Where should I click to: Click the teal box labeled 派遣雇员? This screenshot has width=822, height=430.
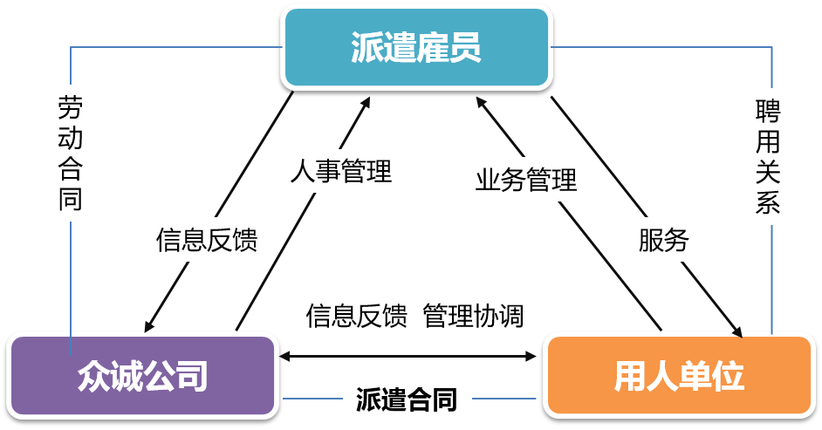pos(416,47)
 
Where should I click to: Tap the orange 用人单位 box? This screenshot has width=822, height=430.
pos(678,376)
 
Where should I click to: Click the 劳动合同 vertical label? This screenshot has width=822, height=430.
pos(70,153)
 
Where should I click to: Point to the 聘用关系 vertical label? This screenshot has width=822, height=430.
pos(768,156)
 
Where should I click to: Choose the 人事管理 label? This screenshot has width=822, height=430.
pos(341,171)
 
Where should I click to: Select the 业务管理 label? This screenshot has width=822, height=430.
pos(525,181)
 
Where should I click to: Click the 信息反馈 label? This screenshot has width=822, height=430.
pos(207,240)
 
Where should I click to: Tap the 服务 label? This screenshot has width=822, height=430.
pos(663,240)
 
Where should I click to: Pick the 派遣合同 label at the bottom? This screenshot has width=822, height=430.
pos(406,399)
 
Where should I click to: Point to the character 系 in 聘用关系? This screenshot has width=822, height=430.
pos(768,204)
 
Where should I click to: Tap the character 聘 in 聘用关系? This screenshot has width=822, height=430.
pos(768,111)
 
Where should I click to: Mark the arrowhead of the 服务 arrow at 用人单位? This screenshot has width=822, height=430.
pos(738,332)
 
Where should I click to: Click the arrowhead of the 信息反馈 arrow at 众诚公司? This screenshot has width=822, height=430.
pos(146,327)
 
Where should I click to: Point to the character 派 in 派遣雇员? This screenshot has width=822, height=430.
pos(367,48)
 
